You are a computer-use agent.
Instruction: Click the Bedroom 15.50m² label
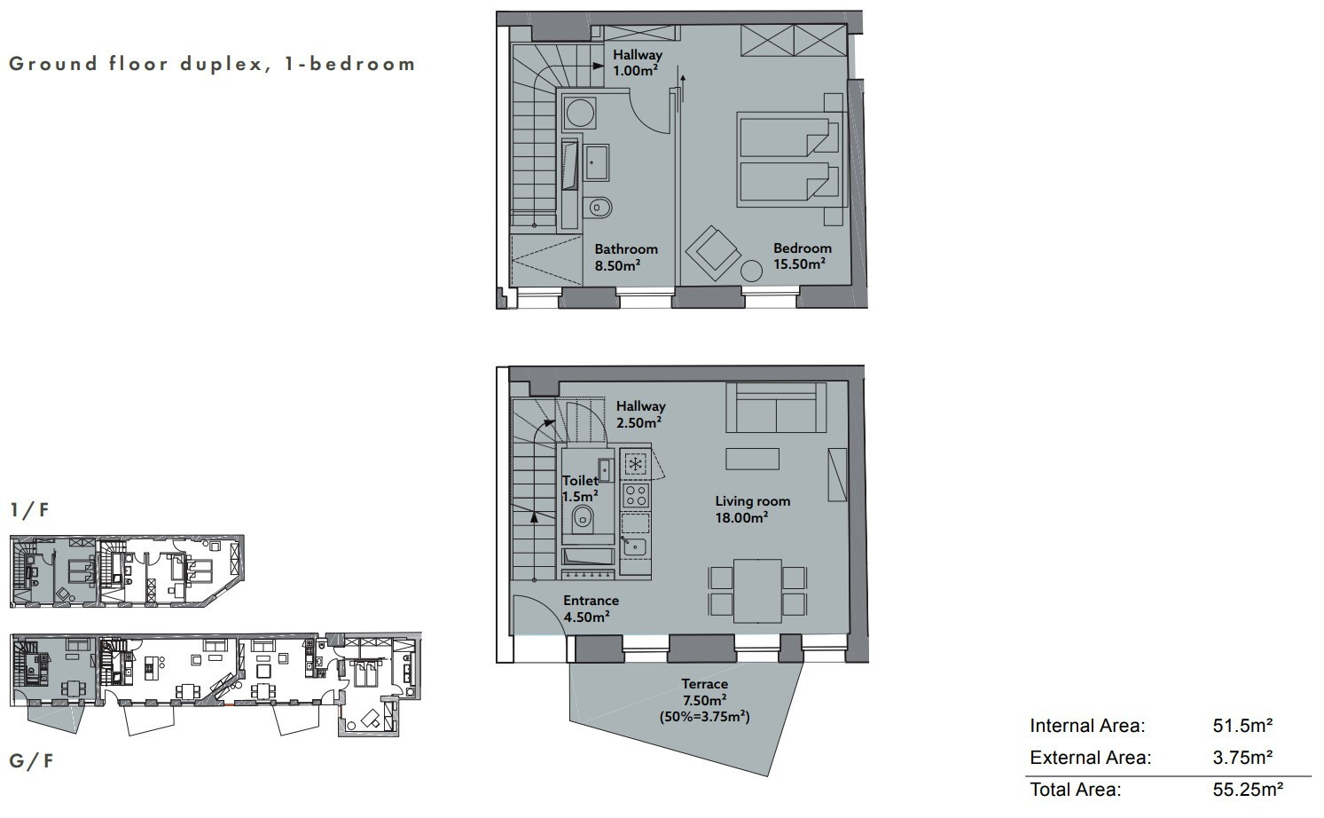(x=802, y=256)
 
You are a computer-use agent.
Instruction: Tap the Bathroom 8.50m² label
(x=626, y=257)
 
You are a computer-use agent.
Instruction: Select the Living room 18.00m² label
(x=752, y=509)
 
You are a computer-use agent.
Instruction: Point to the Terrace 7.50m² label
(x=704, y=692)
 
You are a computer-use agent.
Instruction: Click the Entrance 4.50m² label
(x=591, y=609)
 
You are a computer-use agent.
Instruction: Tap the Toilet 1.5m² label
(x=580, y=489)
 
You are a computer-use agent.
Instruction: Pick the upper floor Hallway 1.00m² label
(x=638, y=63)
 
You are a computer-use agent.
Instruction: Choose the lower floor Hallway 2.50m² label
(x=641, y=414)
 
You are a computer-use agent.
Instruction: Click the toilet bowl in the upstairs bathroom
(x=600, y=208)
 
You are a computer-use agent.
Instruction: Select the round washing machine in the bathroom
(x=579, y=113)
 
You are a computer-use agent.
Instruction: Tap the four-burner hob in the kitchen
(x=636, y=496)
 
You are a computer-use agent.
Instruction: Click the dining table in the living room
(x=757, y=591)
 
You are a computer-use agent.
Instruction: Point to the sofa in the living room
(x=776, y=407)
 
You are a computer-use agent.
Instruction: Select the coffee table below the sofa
(x=752, y=459)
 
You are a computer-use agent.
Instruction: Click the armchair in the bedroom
(x=713, y=253)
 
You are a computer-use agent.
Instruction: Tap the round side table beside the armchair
(x=751, y=271)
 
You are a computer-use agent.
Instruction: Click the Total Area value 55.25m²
(x=1248, y=790)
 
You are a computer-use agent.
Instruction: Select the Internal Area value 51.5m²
(x=1242, y=726)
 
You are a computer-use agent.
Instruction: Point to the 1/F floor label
(x=29, y=510)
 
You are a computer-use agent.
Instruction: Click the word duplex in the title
(x=222, y=65)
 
